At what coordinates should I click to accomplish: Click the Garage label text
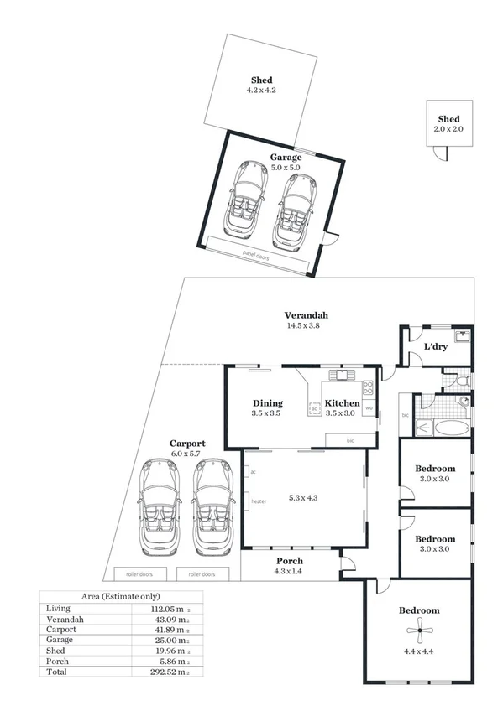pyautogui.click(x=286, y=157)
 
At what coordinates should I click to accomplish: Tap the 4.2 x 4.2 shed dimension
pyautogui.click(x=261, y=90)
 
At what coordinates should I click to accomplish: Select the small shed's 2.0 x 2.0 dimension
pyautogui.click(x=448, y=130)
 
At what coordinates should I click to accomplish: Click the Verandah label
pyautogui.click(x=302, y=314)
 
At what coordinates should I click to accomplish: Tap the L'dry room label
pyautogui.click(x=435, y=345)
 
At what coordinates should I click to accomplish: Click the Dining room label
pyautogui.click(x=267, y=403)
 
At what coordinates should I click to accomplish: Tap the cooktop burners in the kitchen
pyautogui.click(x=367, y=388)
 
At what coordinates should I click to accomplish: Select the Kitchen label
pyautogui.click(x=342, y=403)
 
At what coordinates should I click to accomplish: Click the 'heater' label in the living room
pyautogui.click(x=259, y=501)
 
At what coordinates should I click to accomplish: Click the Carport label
pyautogui.click(x=186, y=443)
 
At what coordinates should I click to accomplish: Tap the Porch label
pyautogui.click(x=290, y=561)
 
